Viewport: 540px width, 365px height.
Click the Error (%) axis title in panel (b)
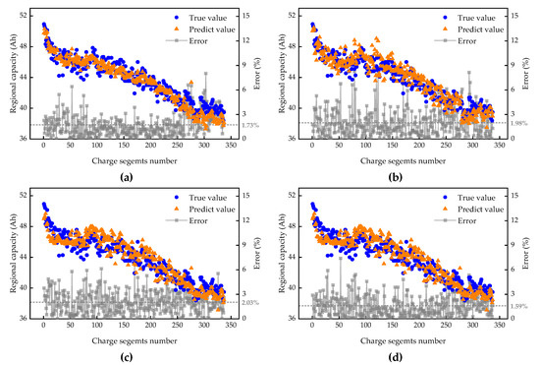pyautogui.click(x=533, y=75)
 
